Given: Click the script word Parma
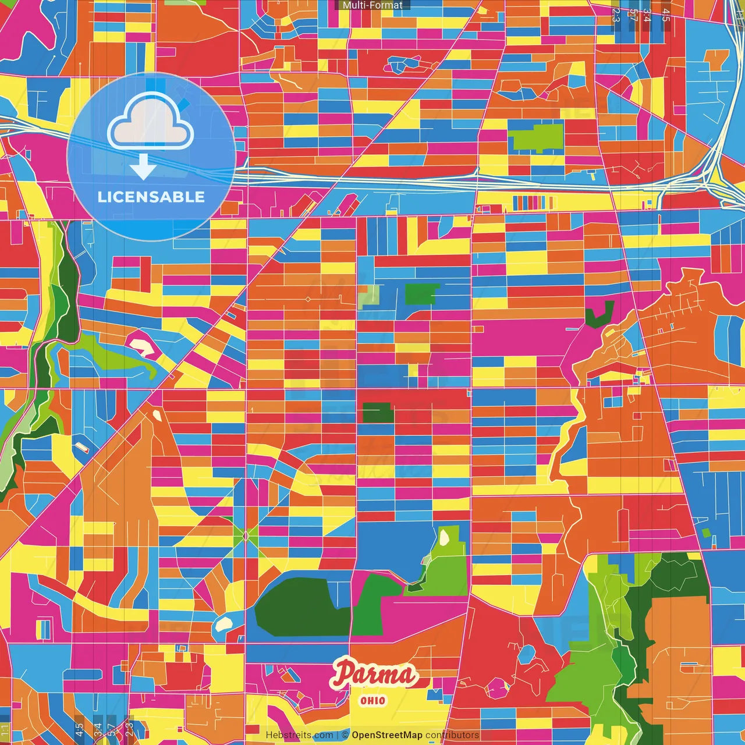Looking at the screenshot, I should [x=374, y=674].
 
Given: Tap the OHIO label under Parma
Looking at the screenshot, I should [x=372, y=700].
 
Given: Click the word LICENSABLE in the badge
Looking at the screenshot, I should [x=151, y=197].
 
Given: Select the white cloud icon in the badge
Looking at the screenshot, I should [x=151, y=123].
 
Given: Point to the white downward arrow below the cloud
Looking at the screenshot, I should [x=143, y=166].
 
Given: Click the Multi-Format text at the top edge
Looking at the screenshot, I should [x=372, y=5].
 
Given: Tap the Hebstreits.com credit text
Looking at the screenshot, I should [x=299, y=735].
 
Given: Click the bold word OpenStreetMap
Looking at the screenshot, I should [x=386, y=735].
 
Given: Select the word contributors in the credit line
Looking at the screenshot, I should [x=452, y=735].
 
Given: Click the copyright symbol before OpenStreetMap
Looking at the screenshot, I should [x=345, y=735].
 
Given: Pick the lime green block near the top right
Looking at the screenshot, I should [x=536, y=138].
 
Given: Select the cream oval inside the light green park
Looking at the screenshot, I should [x=445, y=537].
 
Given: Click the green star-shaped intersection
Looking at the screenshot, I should [x=246, y=535].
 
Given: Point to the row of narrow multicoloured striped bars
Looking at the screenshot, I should [x=533, y=203].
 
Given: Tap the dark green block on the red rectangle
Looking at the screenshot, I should [x=378, y=413].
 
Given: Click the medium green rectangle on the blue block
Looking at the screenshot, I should [x=421, y=294].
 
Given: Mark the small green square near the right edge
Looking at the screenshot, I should [x=706, y=533].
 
